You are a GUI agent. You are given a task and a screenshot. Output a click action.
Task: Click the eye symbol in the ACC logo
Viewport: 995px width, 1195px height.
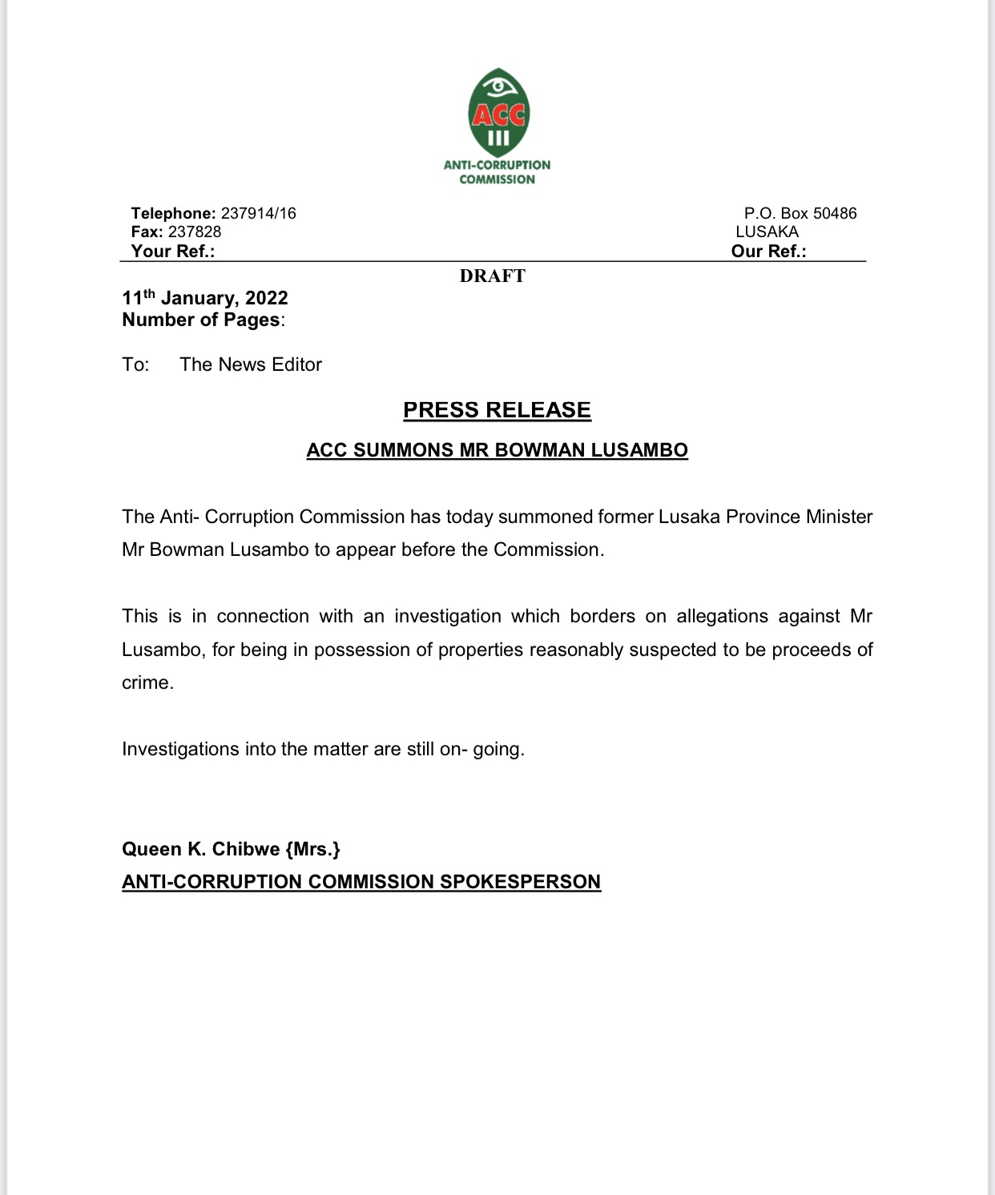(x=498, y=84)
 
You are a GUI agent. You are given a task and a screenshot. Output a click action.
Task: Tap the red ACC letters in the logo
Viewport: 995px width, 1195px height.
(x=498, y=115)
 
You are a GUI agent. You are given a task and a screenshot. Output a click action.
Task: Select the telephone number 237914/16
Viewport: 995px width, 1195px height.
(x=258, y=213)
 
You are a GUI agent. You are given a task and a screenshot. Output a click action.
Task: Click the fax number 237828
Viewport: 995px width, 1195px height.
(x=195, y=231)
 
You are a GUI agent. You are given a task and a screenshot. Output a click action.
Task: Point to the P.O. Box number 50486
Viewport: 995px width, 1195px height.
(x=835, y=213)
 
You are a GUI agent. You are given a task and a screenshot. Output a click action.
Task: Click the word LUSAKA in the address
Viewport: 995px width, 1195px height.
(x=767, y=231)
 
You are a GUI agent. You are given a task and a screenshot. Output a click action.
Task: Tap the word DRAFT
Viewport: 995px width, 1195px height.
(x=493, y=276)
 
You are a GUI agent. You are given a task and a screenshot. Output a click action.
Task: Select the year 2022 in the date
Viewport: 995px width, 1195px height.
(x=266, y=298)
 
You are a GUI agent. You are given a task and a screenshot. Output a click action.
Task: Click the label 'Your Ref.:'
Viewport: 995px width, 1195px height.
(x=173, y=251)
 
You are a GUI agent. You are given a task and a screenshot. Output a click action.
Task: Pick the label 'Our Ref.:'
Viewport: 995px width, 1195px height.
(x=768, y=251)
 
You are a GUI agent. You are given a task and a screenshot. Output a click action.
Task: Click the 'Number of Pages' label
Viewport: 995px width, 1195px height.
(x=201, y=320)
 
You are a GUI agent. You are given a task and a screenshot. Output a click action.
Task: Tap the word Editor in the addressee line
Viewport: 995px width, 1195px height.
(x=296, y=364)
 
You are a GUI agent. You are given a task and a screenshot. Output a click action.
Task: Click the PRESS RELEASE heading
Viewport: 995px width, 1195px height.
(x=497, y=410)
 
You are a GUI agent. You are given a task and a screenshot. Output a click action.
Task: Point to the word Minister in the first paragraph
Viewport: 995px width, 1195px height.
(x=839, y=517)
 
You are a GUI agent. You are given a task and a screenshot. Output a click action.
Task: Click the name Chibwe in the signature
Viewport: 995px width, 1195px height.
(x=246, y=849)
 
